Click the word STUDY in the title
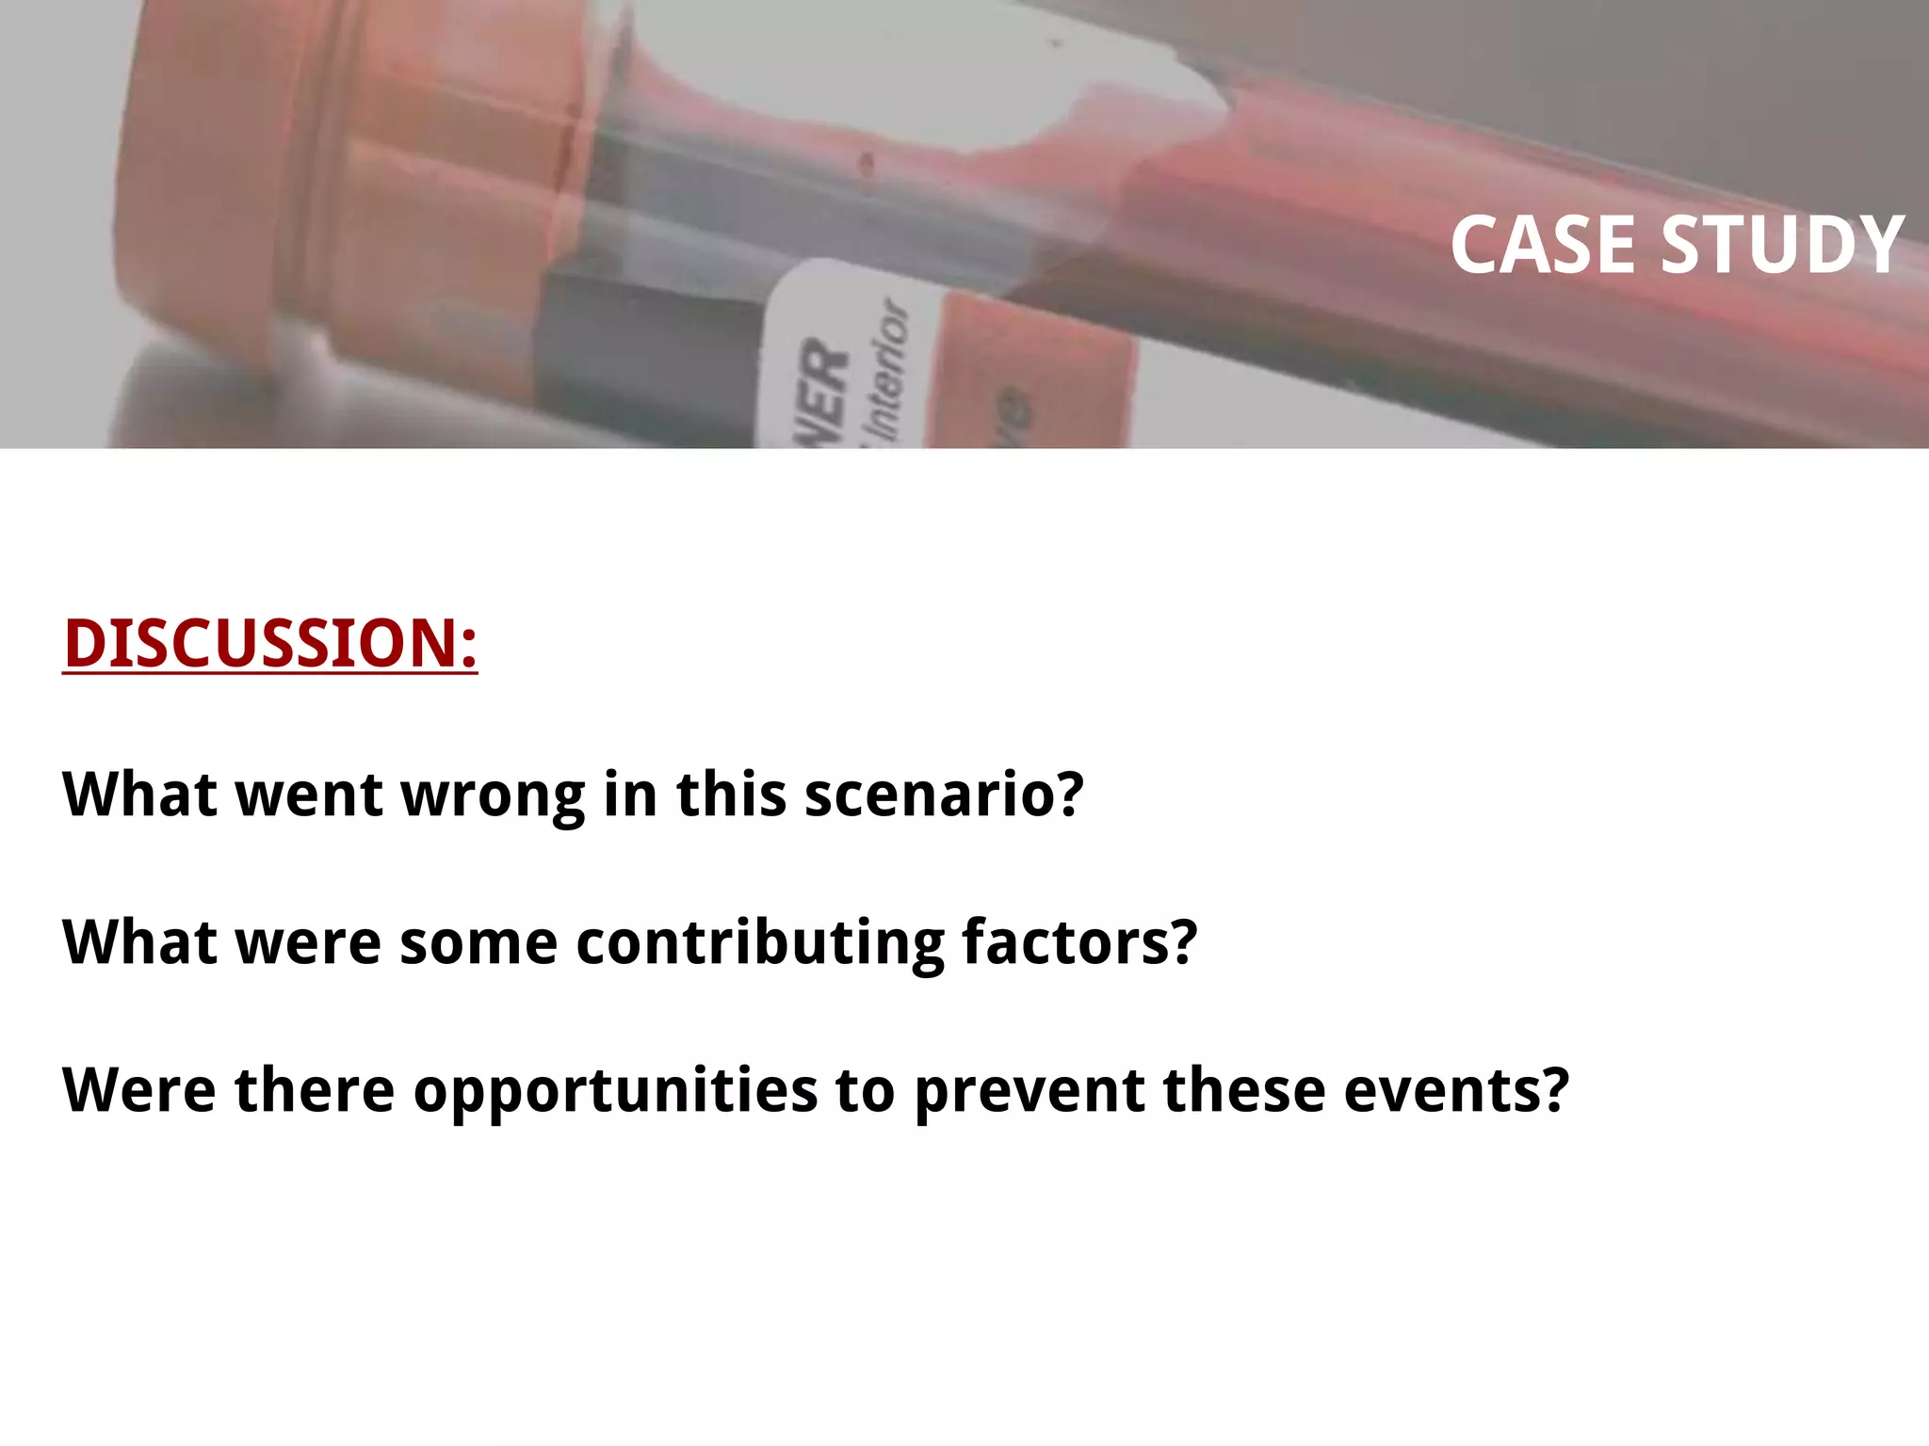[1782, 245]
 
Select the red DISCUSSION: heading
[270, 644]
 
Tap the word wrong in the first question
[494, 795]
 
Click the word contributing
[760, 942]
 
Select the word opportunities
[616, 1092]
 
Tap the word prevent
[1029, 1092]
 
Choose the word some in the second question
[478, 942]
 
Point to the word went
[309, 795]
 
